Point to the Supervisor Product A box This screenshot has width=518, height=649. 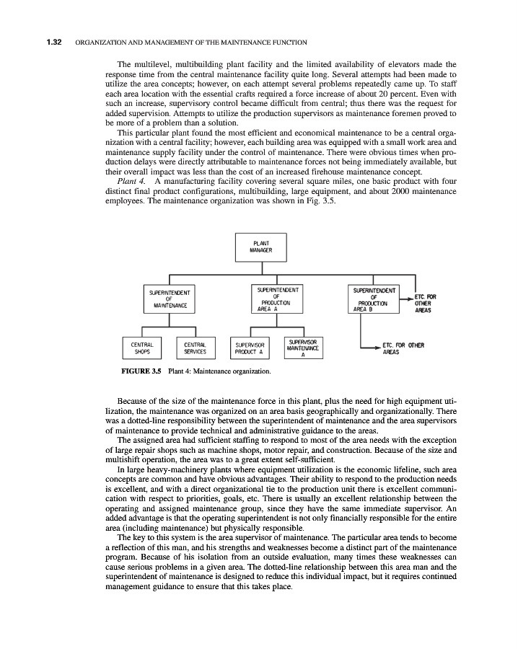point(250,348)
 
